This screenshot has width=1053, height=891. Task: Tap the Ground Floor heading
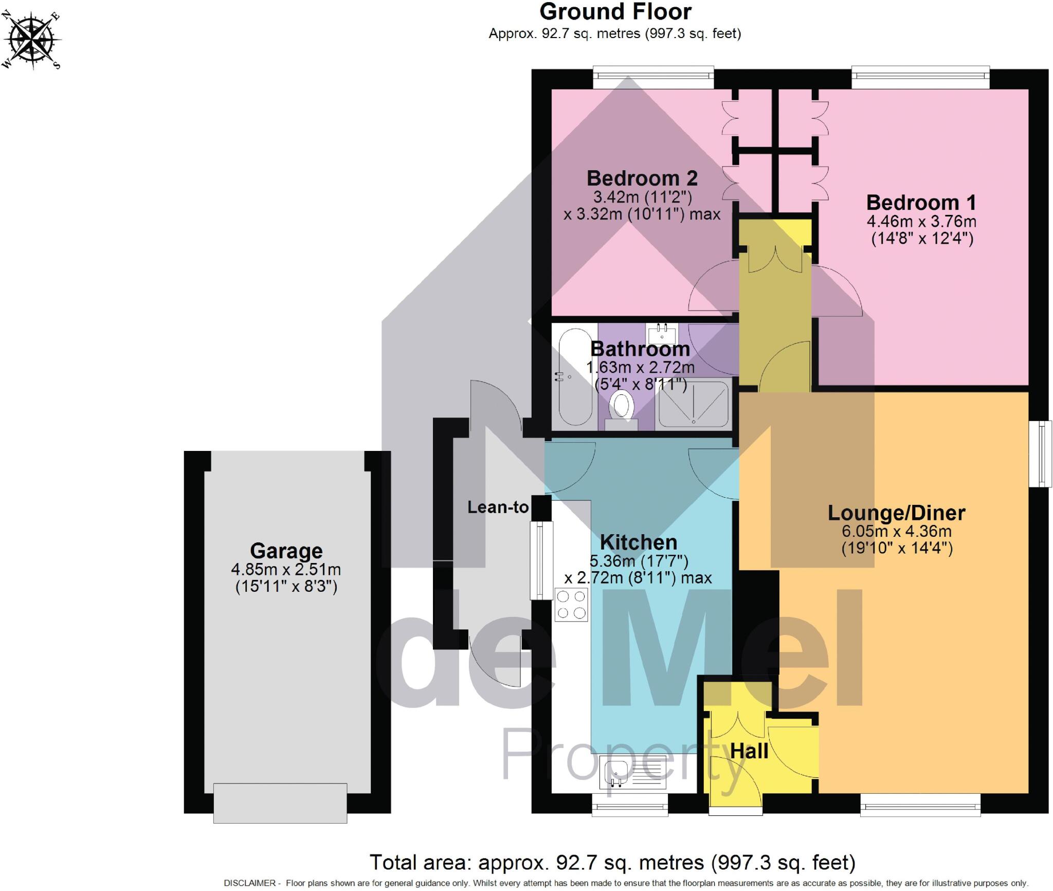pyautogui.click(x=615, y=12)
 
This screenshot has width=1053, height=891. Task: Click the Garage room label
pyautogui.click(x=286, y=551)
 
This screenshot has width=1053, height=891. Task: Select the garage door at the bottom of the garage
pyautogui.click(x=280, y=803)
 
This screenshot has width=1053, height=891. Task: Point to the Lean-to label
pyautogui.click(x=498, y=507)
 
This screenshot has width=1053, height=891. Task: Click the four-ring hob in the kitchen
pyautogui.click(x=571, y=605)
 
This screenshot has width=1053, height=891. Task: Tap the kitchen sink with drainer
pyautogui.click(x=634, y=772)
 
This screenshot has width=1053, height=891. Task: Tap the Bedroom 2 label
pyautogui.click(x=642, y=178)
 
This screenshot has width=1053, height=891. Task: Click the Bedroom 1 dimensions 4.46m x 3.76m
pyautogui.click(x=921, y=222)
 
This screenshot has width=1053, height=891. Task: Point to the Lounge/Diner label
pyautogui.click(x=896, y=513)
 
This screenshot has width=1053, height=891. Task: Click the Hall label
pyautogui.click(x=749, y=751)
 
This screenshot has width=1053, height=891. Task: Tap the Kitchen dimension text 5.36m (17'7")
pyautogui.click(x=639, y=561)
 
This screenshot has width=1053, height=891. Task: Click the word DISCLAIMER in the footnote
pyautogui.click(x=249, y=883)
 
